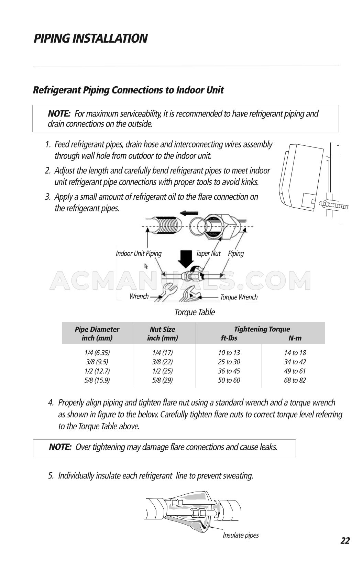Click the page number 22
coord(345,541)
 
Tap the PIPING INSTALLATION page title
coord(90,38)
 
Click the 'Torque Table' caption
coord(195,312)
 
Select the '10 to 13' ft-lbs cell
coord(229,353)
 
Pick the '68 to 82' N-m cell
coord(295,380)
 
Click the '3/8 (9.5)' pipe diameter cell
coord(97,362)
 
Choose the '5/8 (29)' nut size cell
coord(162,380)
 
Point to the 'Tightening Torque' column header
coord(262,329)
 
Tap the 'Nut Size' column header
coord(162,329)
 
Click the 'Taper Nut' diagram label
coord(208,254)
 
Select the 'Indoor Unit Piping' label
coord(139,254)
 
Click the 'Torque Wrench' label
coord(239,297)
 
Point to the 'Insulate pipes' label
coord(241,535)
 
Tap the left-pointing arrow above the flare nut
coord(189,213)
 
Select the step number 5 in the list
coord(51,476)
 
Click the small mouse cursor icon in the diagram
coord(146,266)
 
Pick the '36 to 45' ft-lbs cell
coord(229,371)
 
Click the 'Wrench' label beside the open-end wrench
coord(139,297)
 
